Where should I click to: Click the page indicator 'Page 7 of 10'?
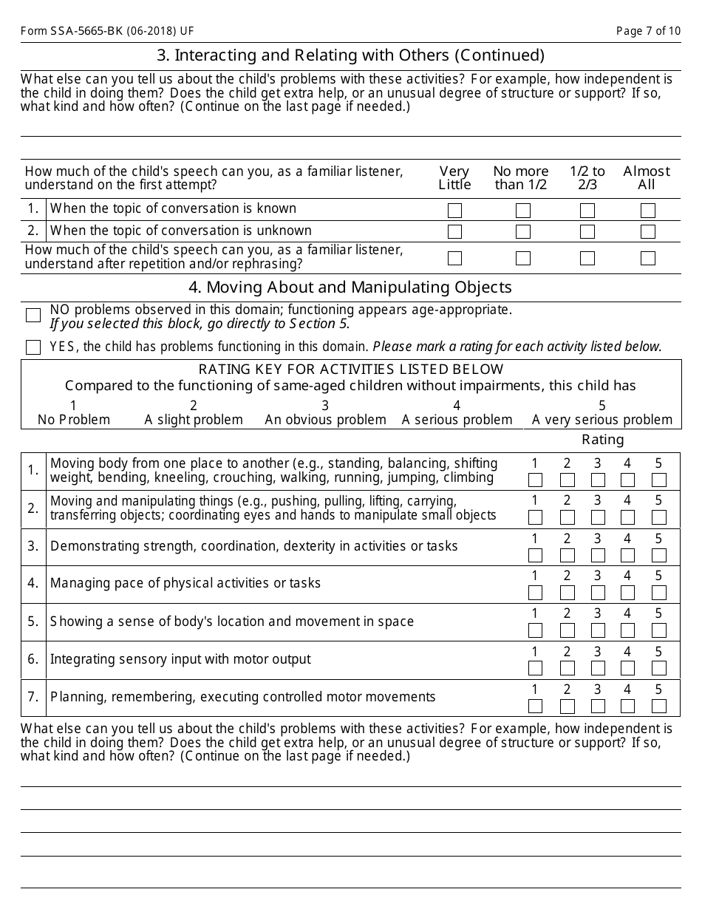point(648,31)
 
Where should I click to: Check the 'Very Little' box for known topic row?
point(454,211)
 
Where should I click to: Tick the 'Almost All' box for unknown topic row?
point(648,232)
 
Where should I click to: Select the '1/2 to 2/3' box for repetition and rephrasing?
point(587,259)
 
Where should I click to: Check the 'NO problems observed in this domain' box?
point(33,316)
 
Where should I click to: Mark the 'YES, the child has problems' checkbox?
point(33,347)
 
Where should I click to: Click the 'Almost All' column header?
point(647,178)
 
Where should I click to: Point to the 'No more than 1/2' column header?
point(521,178)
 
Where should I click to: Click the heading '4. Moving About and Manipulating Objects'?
point(350,287)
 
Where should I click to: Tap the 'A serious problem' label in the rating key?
point(457,420)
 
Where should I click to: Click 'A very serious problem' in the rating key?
point(602,420)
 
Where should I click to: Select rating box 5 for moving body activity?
point(659,480)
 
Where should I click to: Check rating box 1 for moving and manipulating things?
point(536,517)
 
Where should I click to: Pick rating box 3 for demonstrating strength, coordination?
point(598,555)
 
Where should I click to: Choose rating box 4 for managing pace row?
point(628,593)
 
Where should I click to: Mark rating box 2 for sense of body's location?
point(568,630)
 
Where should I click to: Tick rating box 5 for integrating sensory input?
point(659,668)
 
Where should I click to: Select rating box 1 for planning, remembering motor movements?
point(536,706)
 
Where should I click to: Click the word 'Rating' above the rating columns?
point(603,440)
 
